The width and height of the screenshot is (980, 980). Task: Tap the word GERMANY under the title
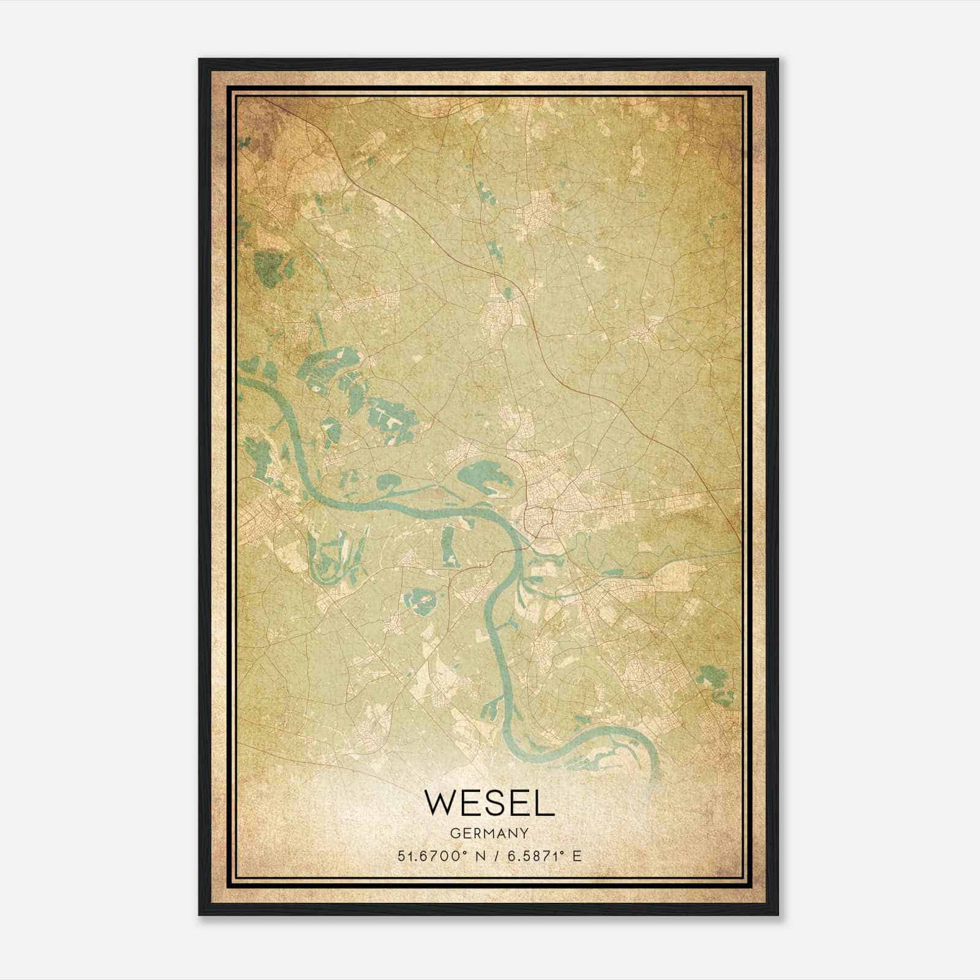[x=489, y=834]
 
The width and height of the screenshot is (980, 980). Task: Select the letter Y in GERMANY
[x=524, y=834]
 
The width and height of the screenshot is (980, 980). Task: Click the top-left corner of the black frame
[x=200, y=59]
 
